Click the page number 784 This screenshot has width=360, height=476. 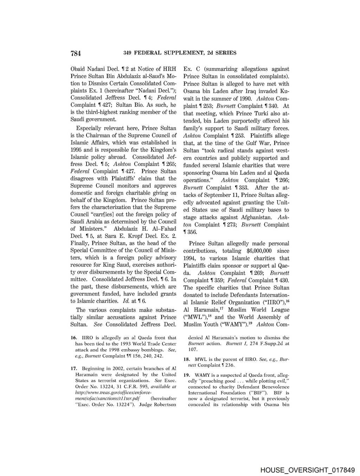76,53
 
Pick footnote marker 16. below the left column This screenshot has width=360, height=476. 73,338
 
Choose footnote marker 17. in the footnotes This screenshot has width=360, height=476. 73,369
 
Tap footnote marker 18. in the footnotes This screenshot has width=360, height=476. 187,359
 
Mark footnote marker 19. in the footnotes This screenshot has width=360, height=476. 187,375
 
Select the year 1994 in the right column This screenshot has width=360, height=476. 190,258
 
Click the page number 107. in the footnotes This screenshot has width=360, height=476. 193,349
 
